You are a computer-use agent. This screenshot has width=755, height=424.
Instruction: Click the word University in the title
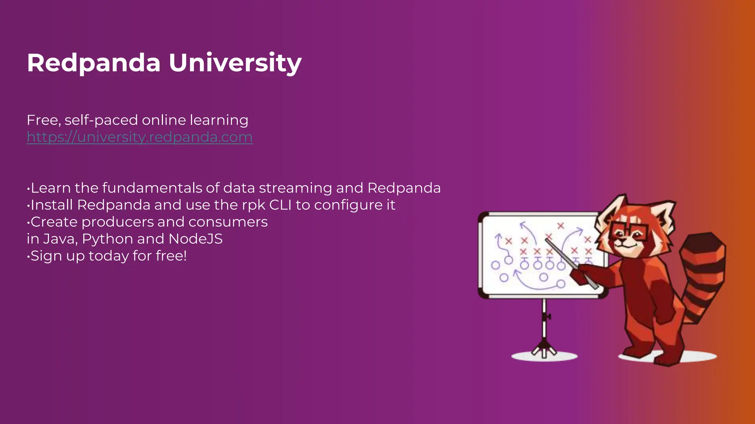click(235, 63)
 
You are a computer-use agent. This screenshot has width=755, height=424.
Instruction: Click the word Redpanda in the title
click(94, 63)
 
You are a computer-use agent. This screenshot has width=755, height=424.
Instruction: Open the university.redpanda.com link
click(140, 137)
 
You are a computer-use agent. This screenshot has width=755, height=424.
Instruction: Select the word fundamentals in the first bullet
click(152, 188)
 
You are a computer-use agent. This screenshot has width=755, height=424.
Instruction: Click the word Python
click(107, 239)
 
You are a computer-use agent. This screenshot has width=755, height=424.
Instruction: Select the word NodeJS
click(195, 239)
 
